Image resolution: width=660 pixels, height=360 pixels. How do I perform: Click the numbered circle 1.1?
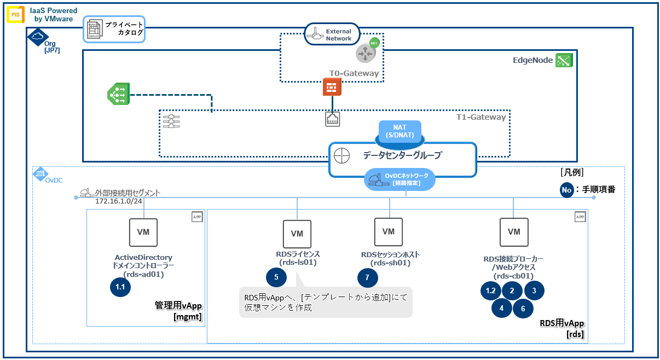(x=120, y=287)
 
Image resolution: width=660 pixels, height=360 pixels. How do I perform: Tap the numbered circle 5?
(x=276, y=277)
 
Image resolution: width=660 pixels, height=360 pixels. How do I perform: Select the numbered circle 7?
(x=367, y=277)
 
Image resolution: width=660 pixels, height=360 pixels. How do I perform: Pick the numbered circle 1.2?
(x=490, y=291)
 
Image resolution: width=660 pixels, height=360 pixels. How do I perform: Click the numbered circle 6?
(x=523, y=309)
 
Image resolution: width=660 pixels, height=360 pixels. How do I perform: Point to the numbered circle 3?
(x=534, y=291)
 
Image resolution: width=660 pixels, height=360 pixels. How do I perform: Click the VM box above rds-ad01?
(x=143, y=232)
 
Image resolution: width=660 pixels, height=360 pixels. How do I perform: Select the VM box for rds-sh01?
(x=388, y=232)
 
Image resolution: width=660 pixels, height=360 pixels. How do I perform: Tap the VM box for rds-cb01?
(x=513, y=232)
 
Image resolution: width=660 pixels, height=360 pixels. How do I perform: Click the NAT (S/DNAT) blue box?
(x=400, y=131)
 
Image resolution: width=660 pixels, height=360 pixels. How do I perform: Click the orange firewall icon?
(x=332, y=87)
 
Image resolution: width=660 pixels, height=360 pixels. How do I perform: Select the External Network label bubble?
(x=332, y=34)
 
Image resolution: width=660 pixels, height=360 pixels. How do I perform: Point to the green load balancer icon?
(x=118, y=95)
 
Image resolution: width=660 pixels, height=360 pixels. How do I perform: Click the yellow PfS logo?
(x=15, y=14)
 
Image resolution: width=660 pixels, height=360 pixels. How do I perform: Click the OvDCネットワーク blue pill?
(x=400, y=179)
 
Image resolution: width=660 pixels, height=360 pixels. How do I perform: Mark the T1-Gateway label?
(x=480, y=117)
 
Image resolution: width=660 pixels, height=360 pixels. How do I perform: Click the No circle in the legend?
(x=568, y=190)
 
